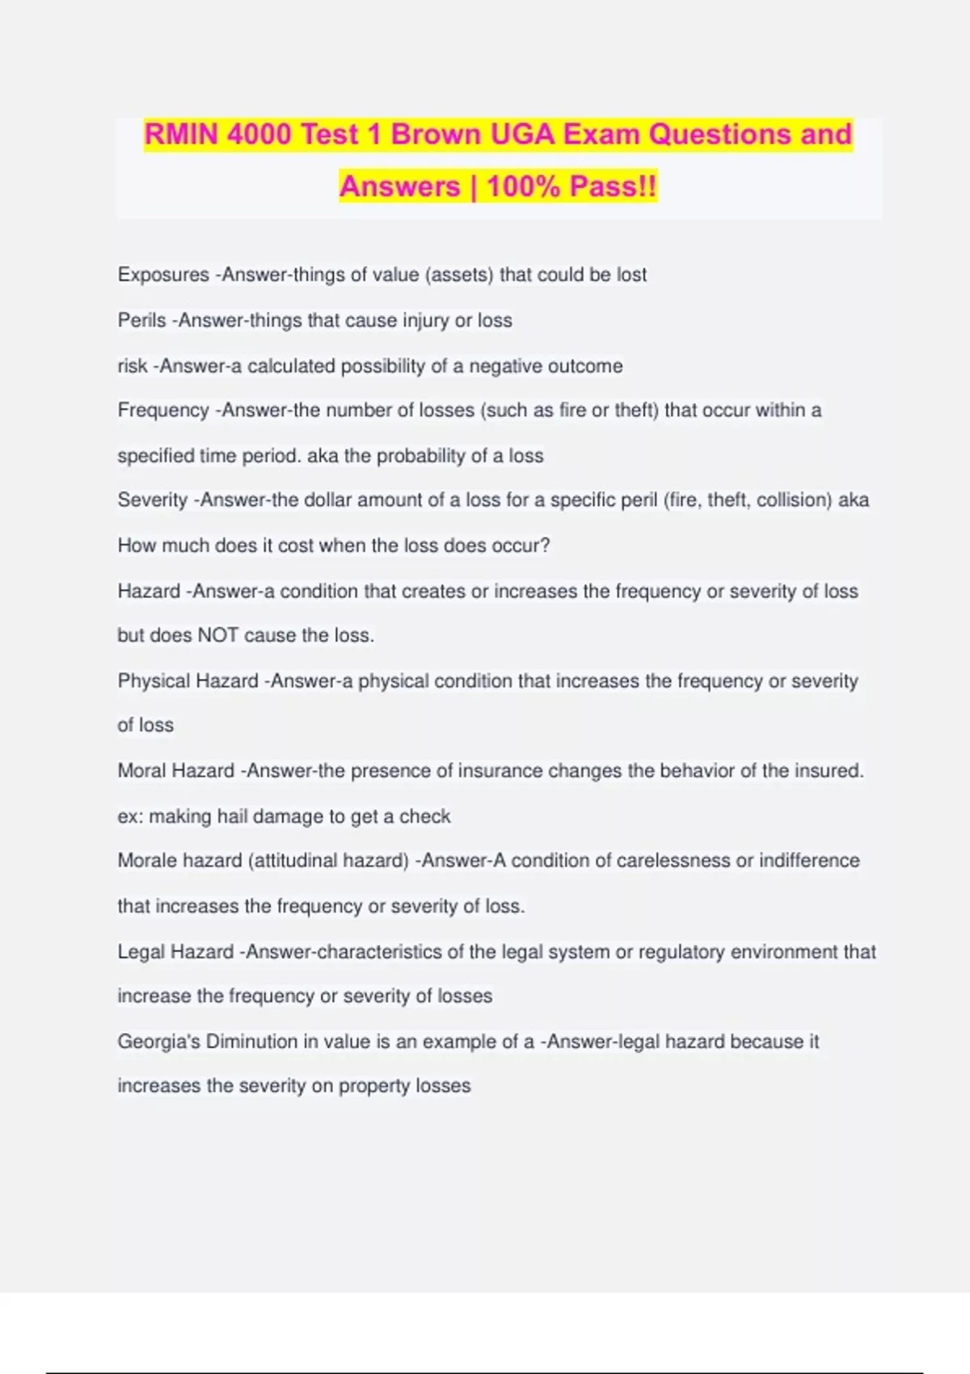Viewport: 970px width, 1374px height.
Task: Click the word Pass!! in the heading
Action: (613, 187)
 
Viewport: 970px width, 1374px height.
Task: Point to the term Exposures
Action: (163, 275)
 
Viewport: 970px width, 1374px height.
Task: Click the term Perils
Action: (141, 320)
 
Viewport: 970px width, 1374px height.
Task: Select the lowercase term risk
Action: (133, 366)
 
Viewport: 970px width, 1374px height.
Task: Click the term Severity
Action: (152, 500)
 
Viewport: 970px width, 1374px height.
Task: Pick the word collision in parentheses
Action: (794, 500)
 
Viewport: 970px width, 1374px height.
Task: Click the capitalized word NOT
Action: (217, 635)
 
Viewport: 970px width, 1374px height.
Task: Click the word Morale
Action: (145, 861)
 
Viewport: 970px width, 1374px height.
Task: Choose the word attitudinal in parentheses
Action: (295, 861)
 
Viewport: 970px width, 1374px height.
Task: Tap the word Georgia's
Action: (158, 1042)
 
